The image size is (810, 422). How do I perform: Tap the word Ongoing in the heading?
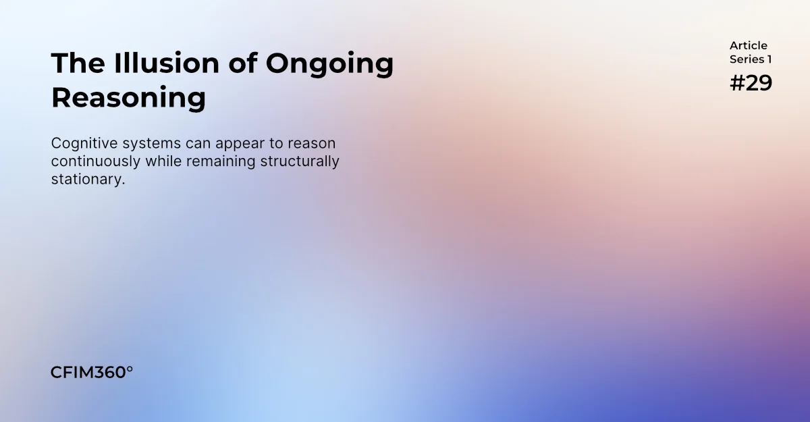pos(329,63)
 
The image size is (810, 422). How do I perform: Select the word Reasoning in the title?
pos(128,98)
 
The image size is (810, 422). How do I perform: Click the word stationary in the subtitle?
pos(88,180)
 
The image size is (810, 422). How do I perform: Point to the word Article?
pos(749,46)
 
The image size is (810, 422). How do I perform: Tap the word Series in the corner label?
pos(747,59)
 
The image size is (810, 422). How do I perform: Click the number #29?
pos(751,83)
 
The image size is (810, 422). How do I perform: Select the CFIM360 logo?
pos(88,372)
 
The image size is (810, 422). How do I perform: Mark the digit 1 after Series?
pos(769,59)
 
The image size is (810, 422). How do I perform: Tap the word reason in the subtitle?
pos(313,144)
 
